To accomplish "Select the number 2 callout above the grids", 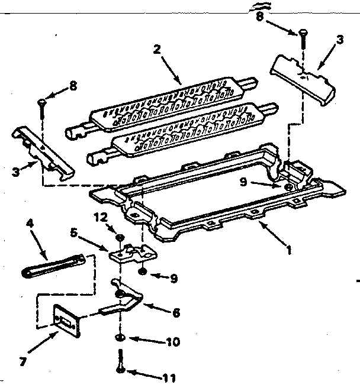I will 157,50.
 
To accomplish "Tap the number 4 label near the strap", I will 29,224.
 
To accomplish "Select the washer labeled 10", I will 120,337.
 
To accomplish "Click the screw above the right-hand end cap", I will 303,38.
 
